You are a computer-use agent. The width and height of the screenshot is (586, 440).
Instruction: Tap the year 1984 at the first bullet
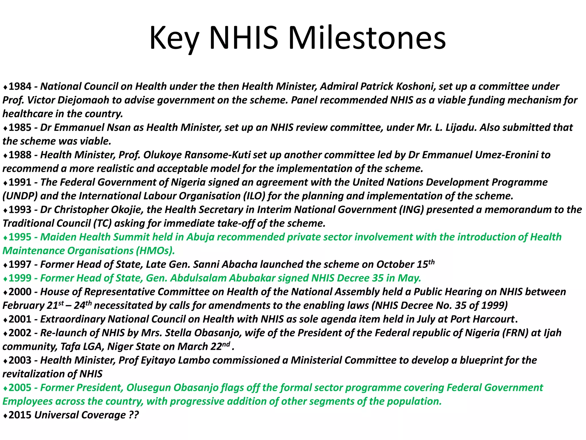click(x=20, y=86)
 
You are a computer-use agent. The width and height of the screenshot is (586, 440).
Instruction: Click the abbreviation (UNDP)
click(x=20, y=196)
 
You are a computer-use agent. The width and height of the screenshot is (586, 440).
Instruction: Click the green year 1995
click(x=20, y=237)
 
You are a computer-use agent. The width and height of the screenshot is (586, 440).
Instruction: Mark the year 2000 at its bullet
click(x=20, y=292)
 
